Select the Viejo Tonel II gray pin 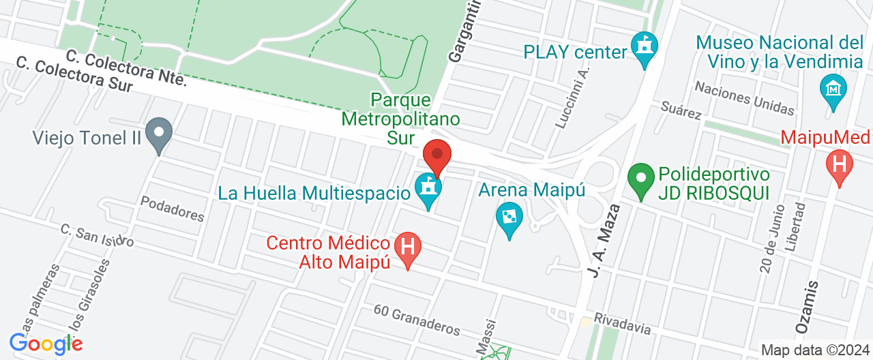point(160,134)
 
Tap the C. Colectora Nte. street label point(127,67)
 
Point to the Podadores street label point(172,208)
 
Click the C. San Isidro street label point(97,235)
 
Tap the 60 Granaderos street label point(417,319)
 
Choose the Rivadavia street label point(622,323)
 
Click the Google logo point(46,344)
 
